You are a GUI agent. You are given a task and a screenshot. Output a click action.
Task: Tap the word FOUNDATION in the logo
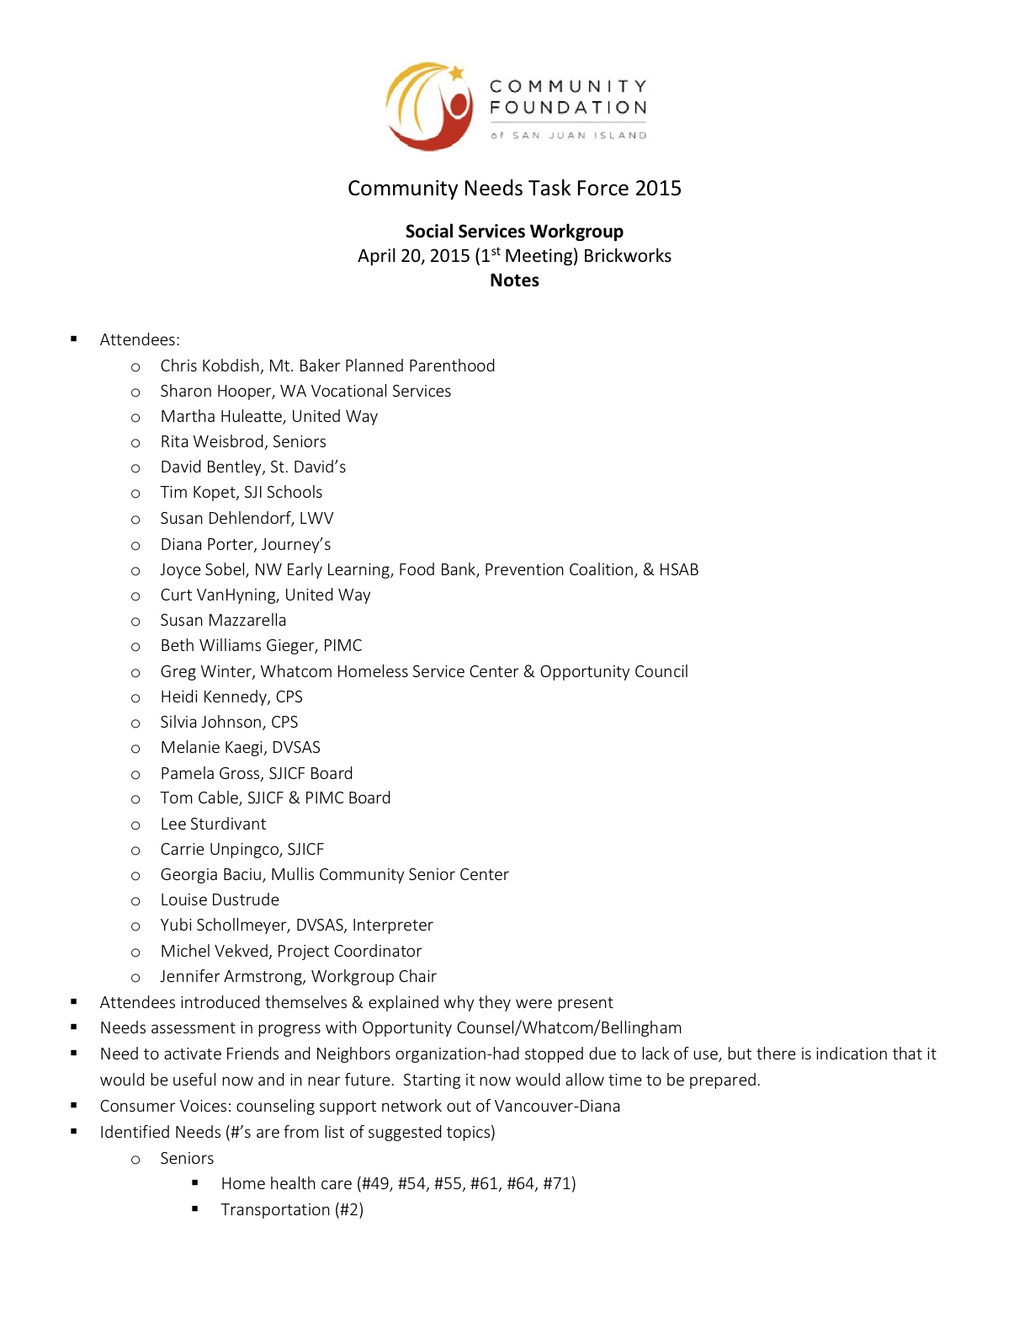pos(569,108)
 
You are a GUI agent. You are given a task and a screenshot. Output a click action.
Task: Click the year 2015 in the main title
pos(658,189)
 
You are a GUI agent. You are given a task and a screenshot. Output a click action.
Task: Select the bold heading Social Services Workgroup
pos(514,232)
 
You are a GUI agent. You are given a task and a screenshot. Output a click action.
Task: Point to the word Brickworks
pos(627,256)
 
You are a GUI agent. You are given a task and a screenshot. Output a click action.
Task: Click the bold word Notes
pos(514,280)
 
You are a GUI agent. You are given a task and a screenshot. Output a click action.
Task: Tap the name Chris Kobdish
pos(210,366)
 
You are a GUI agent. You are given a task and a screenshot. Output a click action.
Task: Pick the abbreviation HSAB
pos(678,570)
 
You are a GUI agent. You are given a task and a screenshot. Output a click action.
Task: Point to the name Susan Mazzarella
pos(223,621)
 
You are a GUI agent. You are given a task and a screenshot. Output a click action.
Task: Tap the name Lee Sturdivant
pos(213,824)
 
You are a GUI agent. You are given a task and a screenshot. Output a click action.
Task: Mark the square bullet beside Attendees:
pos(74,339)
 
